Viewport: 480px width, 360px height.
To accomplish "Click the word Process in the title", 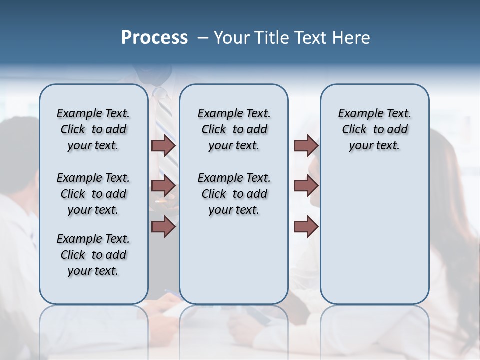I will click(x=154, y=37).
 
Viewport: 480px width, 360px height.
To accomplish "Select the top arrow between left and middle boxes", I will click(x=164, y=145).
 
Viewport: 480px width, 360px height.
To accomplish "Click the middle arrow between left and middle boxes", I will click(x=164, y=186).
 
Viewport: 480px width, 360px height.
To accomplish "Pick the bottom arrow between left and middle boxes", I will click(x=164, y=226).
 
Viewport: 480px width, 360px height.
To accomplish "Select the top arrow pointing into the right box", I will click(x=306, y=145).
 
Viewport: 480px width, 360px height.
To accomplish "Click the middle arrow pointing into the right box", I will click(x=306, y=186).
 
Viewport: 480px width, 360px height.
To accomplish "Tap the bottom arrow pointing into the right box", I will click(x=306, y=226).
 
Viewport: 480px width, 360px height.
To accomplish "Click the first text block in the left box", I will click(x=93, y=129).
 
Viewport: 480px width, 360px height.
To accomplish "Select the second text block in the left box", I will click(x=93, y=194).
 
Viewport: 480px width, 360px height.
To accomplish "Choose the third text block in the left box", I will click(x=93, y=255).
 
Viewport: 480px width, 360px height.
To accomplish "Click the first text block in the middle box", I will click(x=234, y=129).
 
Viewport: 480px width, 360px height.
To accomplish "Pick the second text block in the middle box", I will click(x=234, y=194).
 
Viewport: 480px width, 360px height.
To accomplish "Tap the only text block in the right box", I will click(x=374, y=129).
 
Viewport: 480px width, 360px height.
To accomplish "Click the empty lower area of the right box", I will click(x=374, y=235).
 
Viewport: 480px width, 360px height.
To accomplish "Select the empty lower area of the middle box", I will click(x=234, y=260).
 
